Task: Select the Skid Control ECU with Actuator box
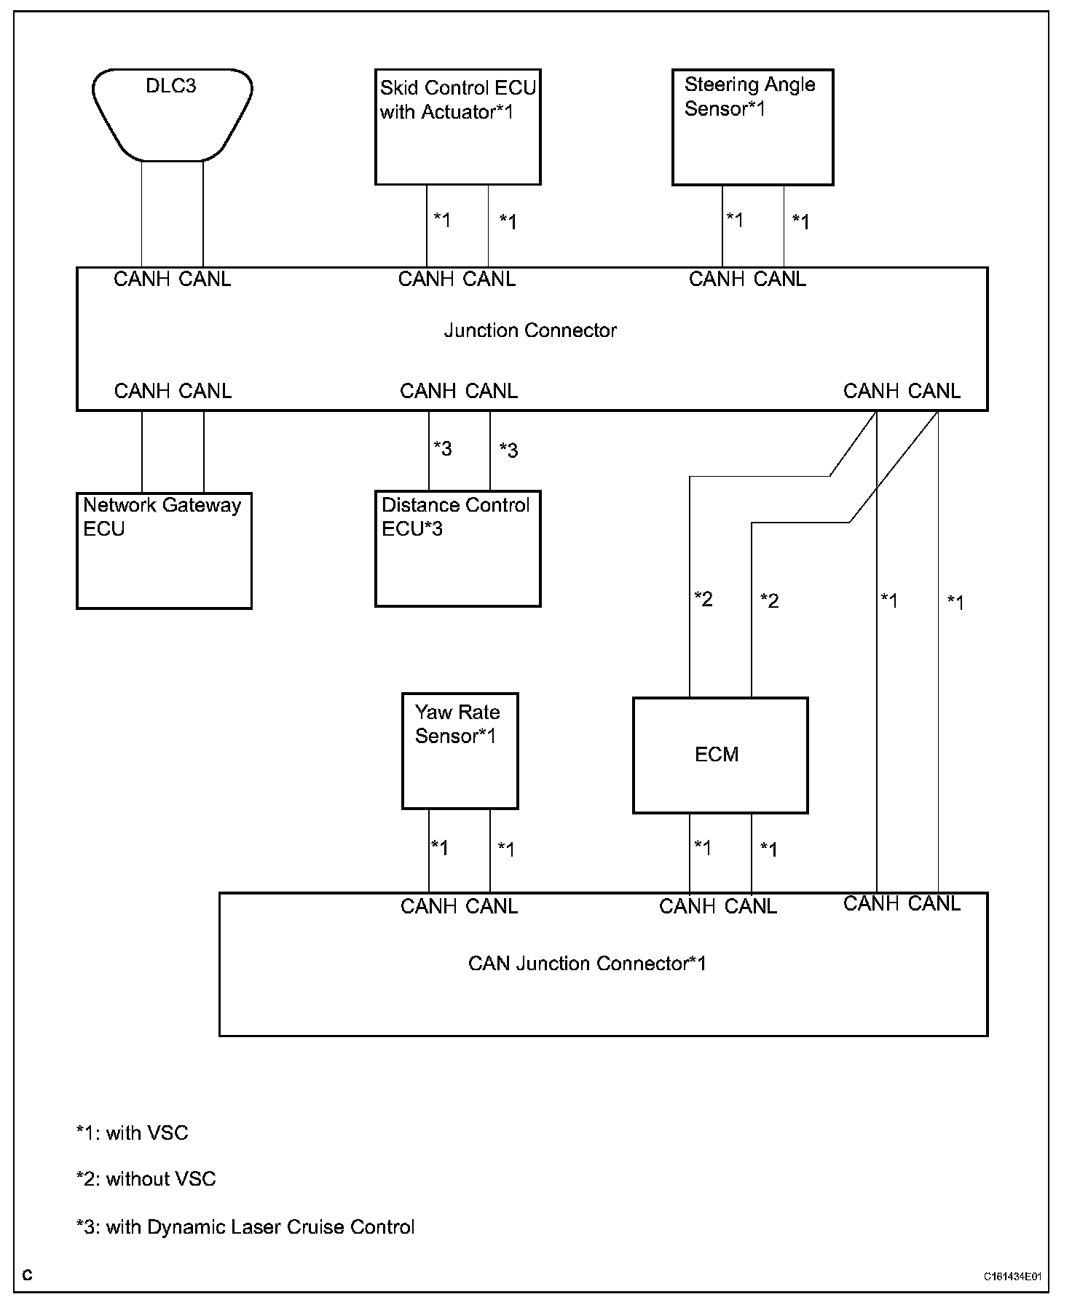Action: click(457, 127)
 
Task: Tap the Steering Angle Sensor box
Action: click(752, 127)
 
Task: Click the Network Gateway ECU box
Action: click(164, 550)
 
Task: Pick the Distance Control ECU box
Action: click(457, 549)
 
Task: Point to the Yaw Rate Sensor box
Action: click(460, 750)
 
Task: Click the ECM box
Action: click(720, 755)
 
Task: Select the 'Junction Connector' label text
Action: click(530, 330)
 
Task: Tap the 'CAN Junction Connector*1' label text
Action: click(587, 964)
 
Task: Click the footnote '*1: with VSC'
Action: click(132, 1132)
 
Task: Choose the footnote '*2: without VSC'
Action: click(146, 1179)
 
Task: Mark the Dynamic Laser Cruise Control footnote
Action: click(245, 1227)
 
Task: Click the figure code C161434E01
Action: click(1012, 1276)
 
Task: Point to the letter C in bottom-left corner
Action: click(27, 1275)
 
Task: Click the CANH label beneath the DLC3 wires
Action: click(141, 279)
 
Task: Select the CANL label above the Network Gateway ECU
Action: click(205, 391)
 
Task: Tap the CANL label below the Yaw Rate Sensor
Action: click(492, 906)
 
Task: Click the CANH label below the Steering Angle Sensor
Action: click(717, 279)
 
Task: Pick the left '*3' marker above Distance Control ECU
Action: click(442, 448)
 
